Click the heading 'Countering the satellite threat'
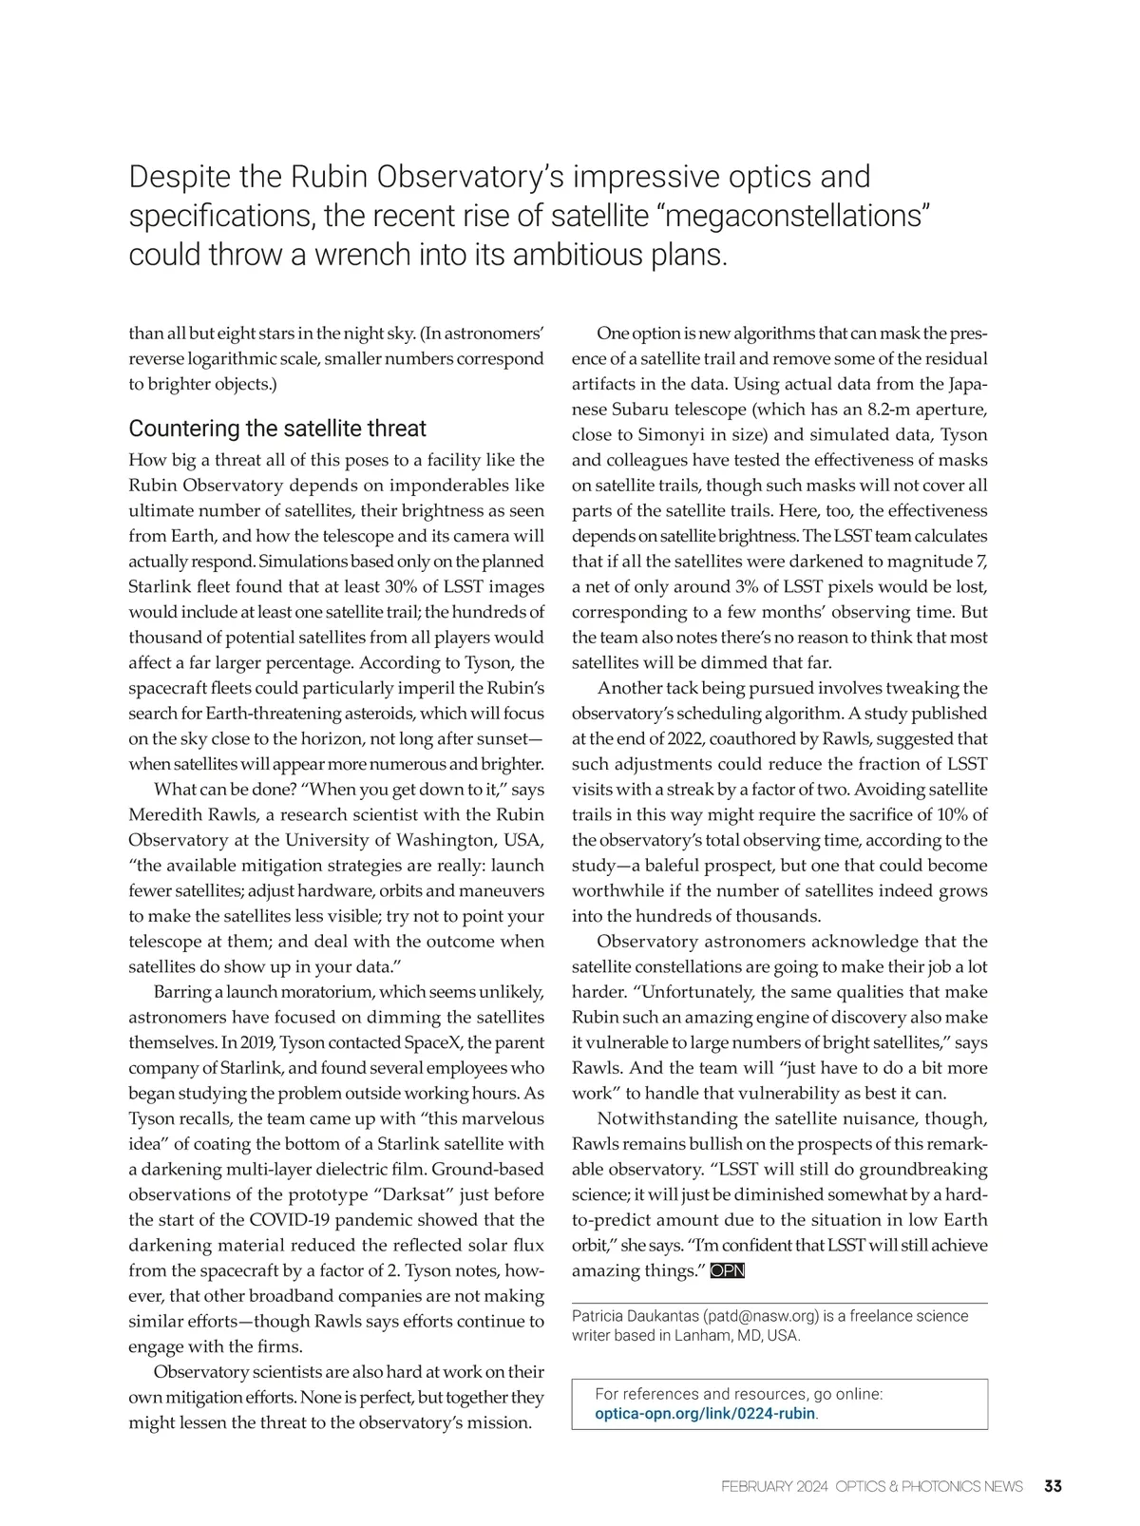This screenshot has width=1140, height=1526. (277, 429)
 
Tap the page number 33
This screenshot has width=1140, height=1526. (1053, 1486)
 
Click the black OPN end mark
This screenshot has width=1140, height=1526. (727, 1271)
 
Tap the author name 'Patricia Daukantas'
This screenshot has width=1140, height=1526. (635, 1316)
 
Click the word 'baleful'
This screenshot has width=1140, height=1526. (675, 866)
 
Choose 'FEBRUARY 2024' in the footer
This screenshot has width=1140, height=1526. (774, 1486)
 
